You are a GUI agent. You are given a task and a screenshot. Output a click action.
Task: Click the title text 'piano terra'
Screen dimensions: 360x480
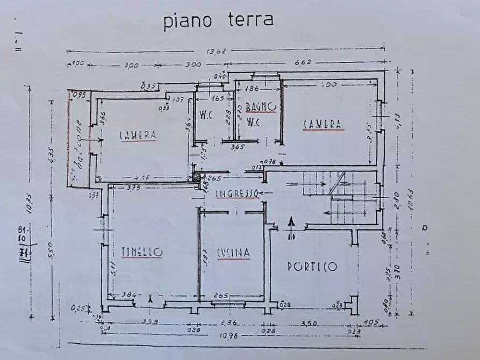tap(218, 20)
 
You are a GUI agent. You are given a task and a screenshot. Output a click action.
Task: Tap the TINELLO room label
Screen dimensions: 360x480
tap(142, 252)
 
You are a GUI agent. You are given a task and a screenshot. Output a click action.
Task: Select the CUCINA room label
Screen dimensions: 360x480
tap(234, 252)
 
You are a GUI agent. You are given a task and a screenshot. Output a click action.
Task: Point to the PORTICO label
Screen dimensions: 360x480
tap(312, 266)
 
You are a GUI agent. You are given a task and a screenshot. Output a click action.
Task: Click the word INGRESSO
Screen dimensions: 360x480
tap(238, 193)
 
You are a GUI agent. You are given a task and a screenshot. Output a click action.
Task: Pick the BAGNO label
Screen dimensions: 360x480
tap(261, 107)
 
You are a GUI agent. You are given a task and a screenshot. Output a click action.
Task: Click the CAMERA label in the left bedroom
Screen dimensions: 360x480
tap(138, 135)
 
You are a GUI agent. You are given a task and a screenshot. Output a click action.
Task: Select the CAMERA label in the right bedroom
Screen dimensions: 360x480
tap(323, 124)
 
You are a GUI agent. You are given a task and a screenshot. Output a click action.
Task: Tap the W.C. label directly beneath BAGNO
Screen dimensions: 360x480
tap(254, 122)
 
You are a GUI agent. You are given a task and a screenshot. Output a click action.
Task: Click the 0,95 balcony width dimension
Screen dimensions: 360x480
tap(79, 96)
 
